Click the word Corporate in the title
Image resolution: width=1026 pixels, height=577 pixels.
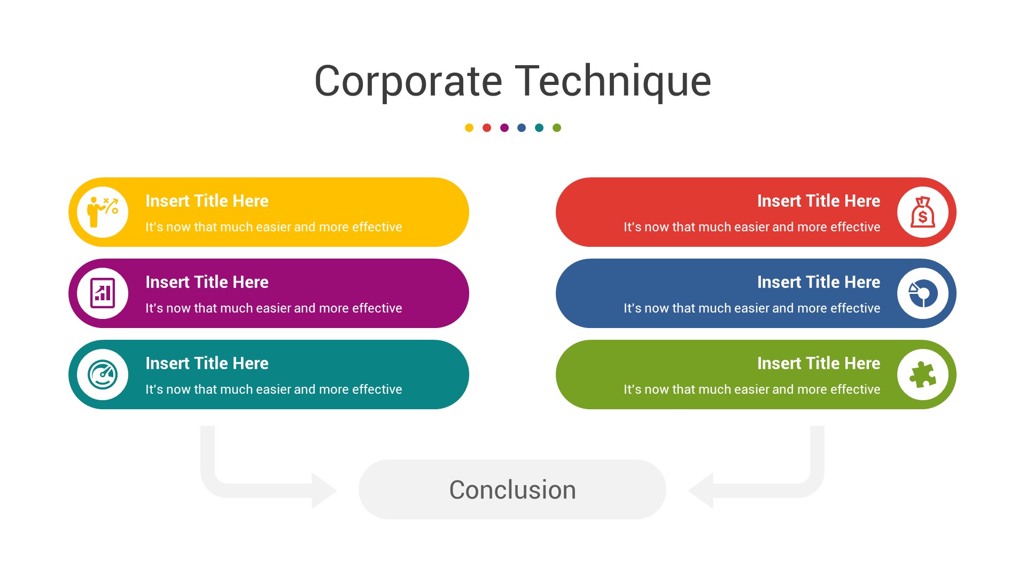(408, 81)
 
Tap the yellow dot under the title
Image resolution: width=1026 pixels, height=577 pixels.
(469, 128)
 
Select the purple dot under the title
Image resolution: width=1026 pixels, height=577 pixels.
(504, 128)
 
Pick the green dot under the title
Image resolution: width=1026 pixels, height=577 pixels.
(557, 128)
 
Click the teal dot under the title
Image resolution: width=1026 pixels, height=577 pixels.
(539, 128)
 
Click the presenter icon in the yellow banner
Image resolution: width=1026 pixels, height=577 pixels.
(103, 212)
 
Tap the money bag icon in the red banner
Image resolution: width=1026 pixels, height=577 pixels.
(923, 212)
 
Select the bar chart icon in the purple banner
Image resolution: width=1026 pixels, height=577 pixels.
(103, 293)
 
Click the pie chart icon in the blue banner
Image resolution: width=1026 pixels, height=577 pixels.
(923, 293)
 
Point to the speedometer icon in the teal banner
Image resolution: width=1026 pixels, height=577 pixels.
(103, 375)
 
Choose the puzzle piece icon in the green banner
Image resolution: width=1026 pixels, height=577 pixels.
(923, 375)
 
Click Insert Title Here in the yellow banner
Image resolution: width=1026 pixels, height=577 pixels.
(207, 201)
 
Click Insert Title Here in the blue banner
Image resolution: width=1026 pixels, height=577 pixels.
(818, 282)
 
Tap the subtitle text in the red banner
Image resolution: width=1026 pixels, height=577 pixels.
(751, 227)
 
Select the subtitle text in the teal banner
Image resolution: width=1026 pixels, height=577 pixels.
(274, 389)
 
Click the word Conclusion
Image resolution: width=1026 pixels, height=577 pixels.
(512, 490)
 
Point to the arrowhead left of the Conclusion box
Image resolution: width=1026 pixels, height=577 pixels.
(323, 490)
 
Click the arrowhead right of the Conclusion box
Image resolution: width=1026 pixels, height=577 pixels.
(702, 490)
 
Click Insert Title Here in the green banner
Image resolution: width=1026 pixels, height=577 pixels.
(818, 363)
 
